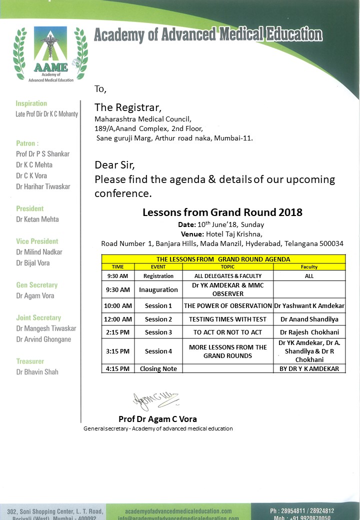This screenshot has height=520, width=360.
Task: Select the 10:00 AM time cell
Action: [118, 305]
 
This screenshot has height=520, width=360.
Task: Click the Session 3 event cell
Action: [158, 332]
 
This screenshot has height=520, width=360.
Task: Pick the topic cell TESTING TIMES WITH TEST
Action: [227, 319]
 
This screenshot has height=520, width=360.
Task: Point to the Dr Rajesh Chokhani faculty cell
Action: [309, 332]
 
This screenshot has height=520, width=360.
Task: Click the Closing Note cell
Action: [158, 369]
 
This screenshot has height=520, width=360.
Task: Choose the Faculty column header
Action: [309, 267]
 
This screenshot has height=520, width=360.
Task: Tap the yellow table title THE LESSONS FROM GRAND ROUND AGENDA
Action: [223, 259]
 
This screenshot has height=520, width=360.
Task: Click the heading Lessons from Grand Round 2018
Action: [222, 212]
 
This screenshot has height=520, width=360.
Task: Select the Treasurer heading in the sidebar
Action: [30, 361]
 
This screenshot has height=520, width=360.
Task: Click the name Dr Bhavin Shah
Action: [37, 372]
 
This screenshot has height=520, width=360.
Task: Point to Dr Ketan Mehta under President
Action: [37, 219]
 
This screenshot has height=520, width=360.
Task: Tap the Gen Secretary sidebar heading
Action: [36, 285]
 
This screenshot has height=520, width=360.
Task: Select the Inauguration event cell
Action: [158, 289]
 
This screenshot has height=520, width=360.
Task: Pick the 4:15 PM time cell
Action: [118, 369]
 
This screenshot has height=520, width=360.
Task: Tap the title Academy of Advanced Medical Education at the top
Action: [208, 35]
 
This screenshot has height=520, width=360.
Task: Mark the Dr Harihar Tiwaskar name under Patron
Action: [43, 186]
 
